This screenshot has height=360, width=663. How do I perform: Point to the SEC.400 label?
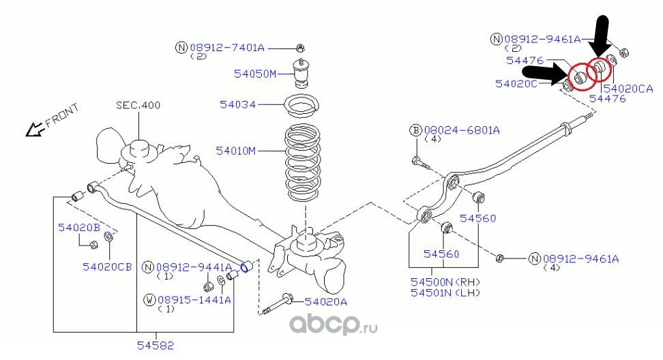(x=137, y=105)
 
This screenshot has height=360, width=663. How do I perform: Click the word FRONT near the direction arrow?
(x=62, y=116)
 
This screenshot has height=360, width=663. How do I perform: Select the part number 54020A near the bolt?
(x=326, y=301)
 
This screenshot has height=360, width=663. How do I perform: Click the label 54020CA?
(x=628, y=88)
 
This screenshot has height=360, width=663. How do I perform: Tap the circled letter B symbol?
(x=415, y=130)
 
